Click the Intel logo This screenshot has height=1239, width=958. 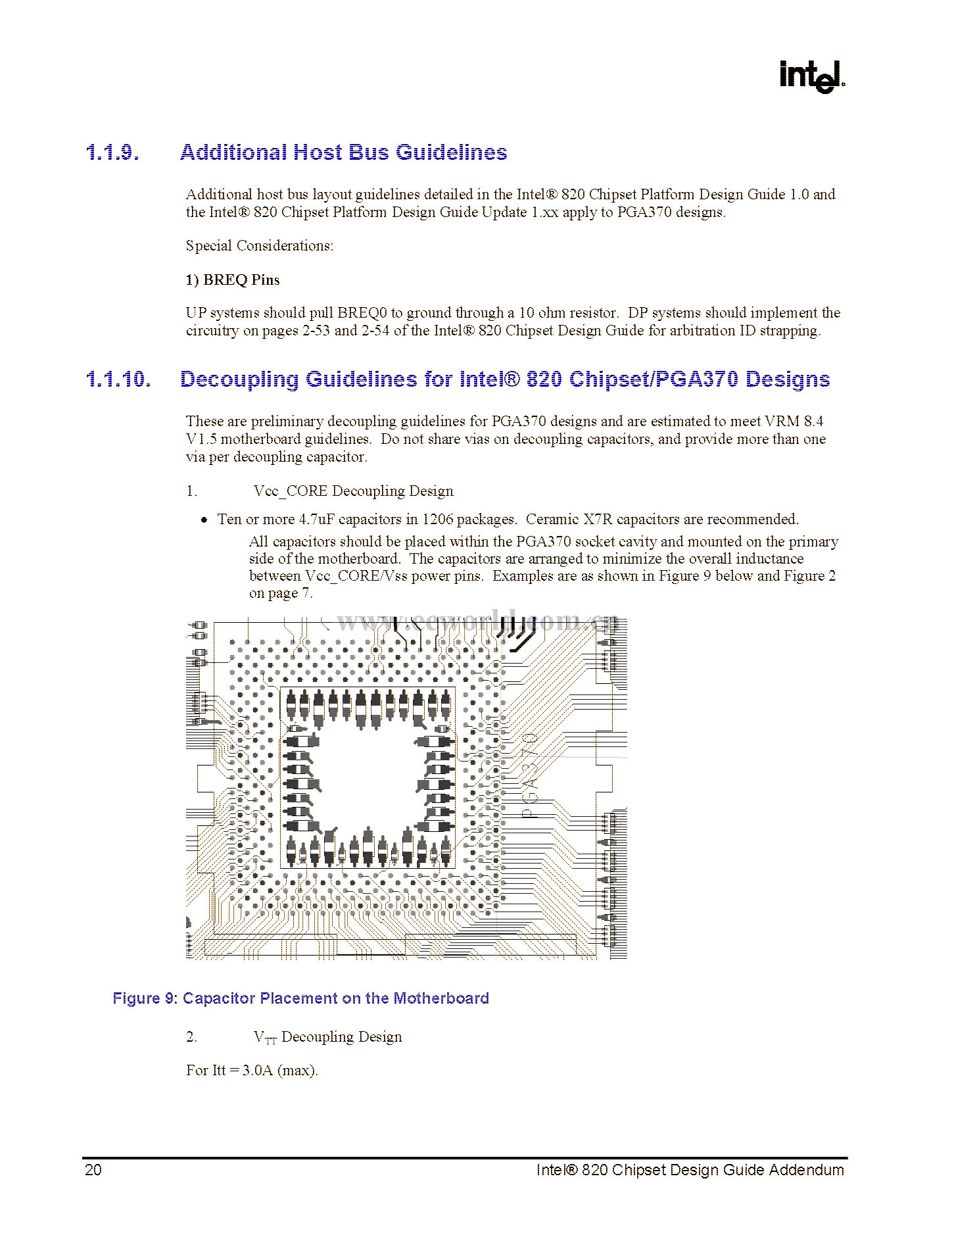pos(811,76)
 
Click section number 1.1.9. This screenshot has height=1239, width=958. pos(112,153)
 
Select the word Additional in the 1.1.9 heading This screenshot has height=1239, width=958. pos(233,153)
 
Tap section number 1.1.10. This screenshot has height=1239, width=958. pos(118,379)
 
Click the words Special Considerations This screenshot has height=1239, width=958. pos(259,246)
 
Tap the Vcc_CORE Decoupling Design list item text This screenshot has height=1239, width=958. pos(353,491)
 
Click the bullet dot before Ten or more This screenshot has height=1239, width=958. pos(204,520)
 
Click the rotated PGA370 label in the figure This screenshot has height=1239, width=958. pos(530,776)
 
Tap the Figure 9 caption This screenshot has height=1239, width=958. pos(300,998)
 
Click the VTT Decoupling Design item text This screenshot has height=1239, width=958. pos(327,1037)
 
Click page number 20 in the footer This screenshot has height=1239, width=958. pos(93,1170)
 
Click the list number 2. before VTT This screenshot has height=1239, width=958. pos(191,1037)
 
